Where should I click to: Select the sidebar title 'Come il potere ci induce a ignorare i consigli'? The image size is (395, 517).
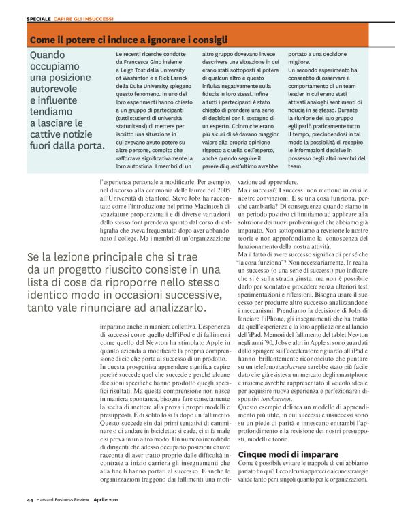[128, 40]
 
